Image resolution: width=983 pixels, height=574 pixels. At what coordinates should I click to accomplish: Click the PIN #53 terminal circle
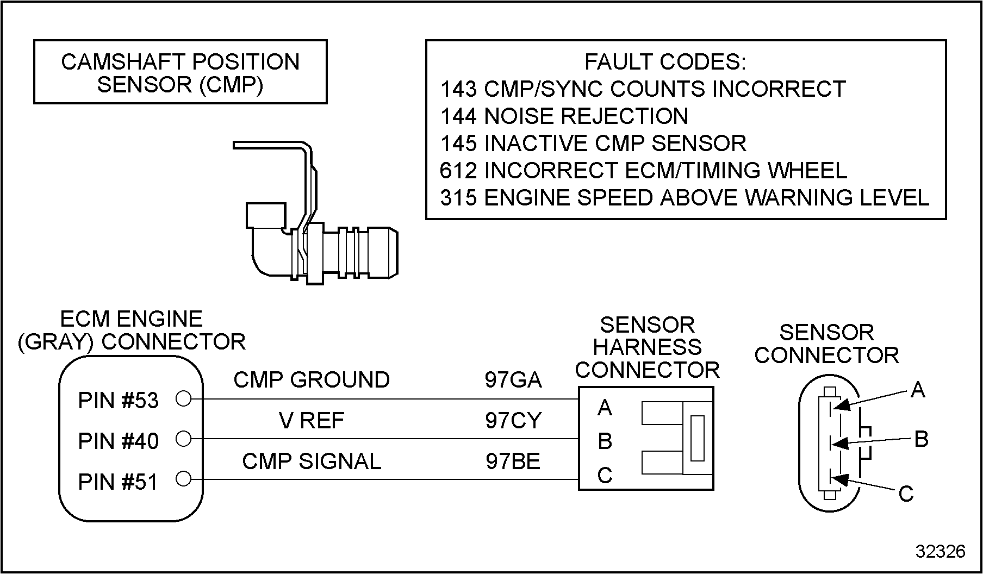(184, 399)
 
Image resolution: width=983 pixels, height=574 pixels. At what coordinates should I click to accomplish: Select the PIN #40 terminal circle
(184, 439)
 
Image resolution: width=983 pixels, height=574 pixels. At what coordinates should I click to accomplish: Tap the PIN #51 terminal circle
(184, 479)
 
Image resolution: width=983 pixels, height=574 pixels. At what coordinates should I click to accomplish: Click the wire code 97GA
(513, 380)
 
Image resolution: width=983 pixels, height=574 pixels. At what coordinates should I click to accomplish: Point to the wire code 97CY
(513, 420)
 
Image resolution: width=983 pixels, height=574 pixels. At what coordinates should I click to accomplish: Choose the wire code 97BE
(513, 461)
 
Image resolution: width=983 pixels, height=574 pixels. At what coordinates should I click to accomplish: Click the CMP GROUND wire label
(312, 379)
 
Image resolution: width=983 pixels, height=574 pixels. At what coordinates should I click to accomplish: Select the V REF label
(312, 420)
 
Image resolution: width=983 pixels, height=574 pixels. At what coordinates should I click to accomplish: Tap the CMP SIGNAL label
(312, 461)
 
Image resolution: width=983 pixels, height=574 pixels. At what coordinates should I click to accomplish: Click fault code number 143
(458, 89)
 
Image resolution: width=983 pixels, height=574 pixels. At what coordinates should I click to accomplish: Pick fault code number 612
(458, 170)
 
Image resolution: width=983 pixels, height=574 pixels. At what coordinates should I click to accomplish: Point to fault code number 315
(458, 197)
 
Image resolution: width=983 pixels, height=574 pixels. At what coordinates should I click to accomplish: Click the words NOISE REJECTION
(586, 116)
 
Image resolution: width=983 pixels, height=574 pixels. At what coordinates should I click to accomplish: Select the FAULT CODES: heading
(665, 62)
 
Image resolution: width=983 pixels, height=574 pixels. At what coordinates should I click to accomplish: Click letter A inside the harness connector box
(605, 407)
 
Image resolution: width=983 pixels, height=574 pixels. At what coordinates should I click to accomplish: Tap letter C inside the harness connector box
(605, 476)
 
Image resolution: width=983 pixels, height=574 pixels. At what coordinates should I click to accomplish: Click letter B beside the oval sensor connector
(921, 439)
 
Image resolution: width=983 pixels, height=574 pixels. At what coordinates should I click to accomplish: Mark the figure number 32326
(941, 551)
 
